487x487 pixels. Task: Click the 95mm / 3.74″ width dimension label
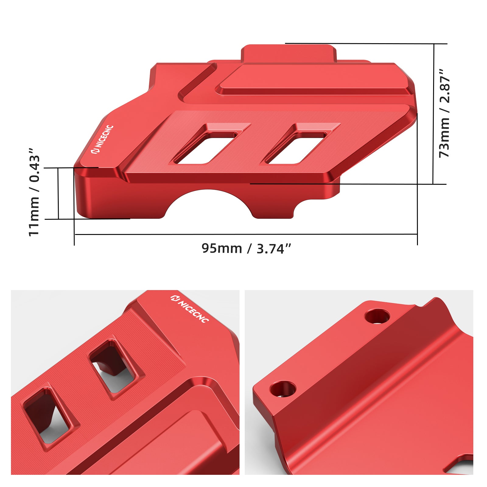(x=246, y=248)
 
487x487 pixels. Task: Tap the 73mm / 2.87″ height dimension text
(x=445, y=113)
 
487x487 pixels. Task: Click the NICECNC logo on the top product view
(x=103, y=139)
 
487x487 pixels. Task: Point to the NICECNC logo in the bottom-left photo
(x=190, y=309)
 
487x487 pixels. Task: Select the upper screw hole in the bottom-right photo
(x=377, y=317)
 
